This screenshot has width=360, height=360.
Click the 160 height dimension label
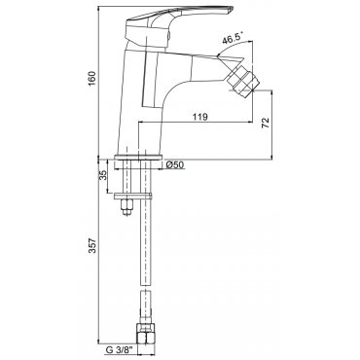[92, 78]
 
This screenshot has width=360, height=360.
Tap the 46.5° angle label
[233, 40]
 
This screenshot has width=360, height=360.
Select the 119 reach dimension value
[200, 117]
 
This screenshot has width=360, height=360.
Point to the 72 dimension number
[266, 123]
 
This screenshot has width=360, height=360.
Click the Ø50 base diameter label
[175, 164]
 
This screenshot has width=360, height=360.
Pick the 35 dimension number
[103, 175]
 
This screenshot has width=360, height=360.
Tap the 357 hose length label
[92, 246]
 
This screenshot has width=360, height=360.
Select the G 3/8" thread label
[120, 350]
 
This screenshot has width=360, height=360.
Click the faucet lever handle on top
[177, 17]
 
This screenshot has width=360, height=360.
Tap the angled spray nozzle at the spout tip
[240, 79]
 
